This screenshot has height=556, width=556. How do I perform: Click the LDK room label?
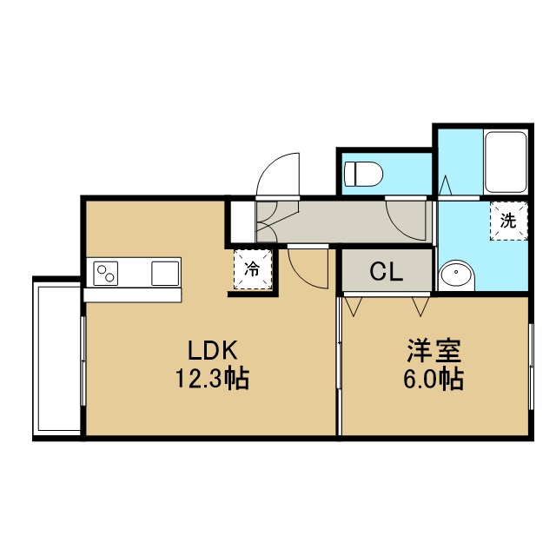212,350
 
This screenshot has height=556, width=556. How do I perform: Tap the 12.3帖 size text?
212,379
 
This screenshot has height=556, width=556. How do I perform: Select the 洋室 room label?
434,350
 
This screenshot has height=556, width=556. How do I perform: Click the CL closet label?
386,272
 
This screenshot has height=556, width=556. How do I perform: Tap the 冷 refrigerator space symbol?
253,269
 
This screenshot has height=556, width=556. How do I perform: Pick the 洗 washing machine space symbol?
508,221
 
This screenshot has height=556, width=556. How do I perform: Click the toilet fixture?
364,174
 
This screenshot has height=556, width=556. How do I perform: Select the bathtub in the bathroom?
506,162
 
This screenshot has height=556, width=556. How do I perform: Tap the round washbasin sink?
456,275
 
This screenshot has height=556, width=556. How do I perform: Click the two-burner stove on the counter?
106,274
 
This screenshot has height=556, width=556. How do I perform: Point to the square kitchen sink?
165,274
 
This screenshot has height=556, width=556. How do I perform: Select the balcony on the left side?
56,358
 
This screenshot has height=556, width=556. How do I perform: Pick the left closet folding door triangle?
353,307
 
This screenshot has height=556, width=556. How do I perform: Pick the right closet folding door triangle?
420,307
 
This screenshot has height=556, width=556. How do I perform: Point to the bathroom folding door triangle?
446,185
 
